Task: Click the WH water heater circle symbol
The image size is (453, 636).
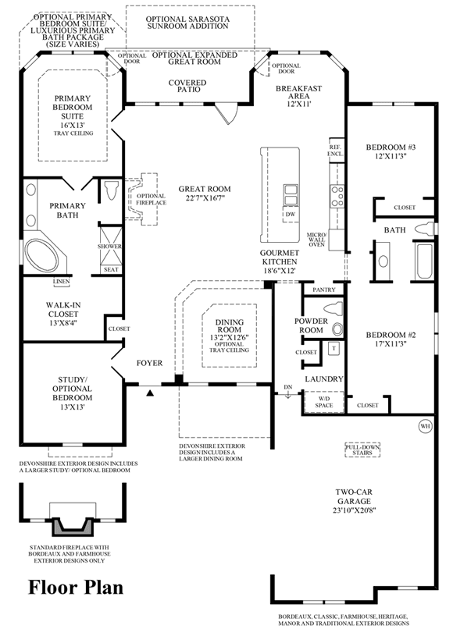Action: click(425, 426)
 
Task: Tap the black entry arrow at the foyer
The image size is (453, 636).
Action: click(150, 393)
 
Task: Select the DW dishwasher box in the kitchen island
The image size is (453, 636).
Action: click(291, 214)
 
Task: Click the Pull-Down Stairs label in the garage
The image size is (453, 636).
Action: click(362, 449)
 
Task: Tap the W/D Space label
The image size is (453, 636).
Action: click(324, 402)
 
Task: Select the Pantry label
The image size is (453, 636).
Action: click(324, 290)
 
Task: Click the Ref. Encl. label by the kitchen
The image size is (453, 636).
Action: click(335, 151)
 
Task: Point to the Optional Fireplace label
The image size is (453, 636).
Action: click(151, 199)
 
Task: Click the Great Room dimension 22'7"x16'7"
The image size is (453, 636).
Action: click(205, 198)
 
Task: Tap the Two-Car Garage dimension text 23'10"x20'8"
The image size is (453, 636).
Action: click(354, 510)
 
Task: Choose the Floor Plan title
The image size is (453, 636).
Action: click(76, 587)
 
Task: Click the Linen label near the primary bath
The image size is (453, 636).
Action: click(61, 281)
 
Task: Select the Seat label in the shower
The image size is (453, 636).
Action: click(111, 269)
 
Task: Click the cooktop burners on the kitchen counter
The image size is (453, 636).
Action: click(337, 196)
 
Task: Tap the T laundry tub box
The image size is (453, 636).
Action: click(334, 348)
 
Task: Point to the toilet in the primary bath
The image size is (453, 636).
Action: click(110, 190)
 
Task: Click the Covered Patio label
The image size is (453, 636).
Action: click(187, 86)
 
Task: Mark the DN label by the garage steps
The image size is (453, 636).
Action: click(287, 387)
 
